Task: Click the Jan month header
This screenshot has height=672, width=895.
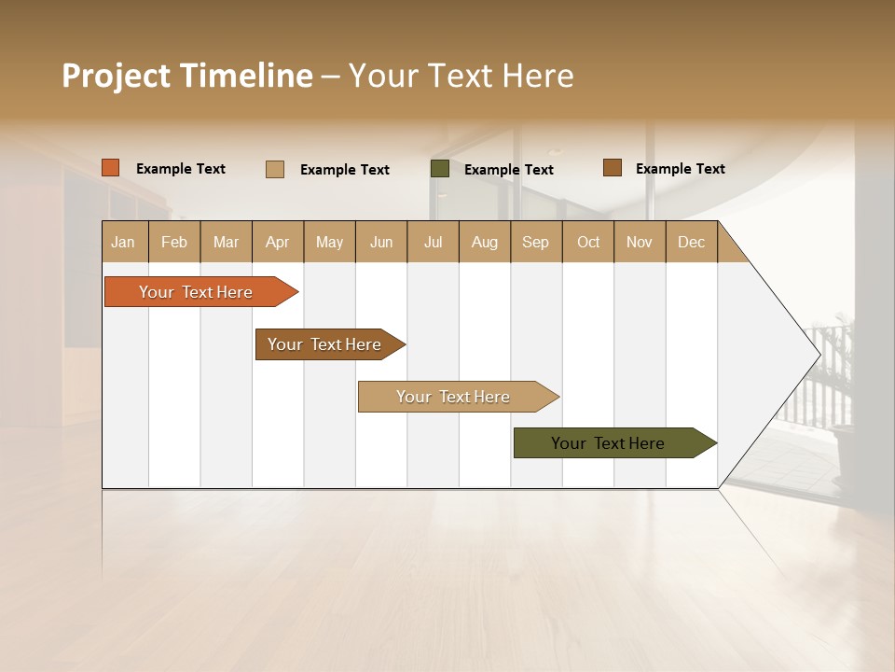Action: (124, 242)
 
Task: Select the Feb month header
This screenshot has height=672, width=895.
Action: (174, 242)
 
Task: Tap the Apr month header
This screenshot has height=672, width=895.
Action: (278, 242)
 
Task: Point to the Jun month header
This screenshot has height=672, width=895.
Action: (381, 242)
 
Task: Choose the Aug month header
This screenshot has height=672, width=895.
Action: (485, 242)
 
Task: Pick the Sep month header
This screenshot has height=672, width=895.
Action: (536, 242)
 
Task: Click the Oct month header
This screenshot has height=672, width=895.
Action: (588, 242)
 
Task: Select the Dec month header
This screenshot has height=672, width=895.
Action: (692, 242)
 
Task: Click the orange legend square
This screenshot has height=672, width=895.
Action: (111, 168)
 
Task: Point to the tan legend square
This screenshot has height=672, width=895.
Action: (275, 169)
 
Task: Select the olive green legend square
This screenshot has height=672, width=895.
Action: (440, 169)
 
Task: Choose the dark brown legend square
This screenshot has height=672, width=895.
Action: (613, 168)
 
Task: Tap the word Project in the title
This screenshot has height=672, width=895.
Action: (116, 76)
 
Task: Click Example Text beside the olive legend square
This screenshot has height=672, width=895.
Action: (509, 170)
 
